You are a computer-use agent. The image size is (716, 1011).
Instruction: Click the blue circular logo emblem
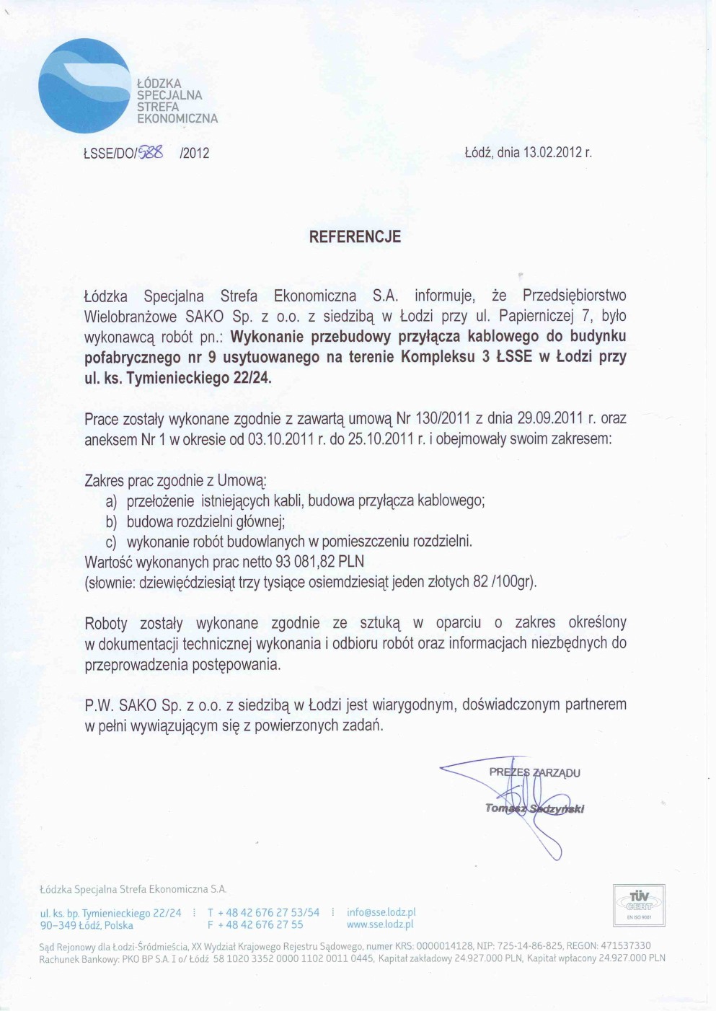tap(85, 86)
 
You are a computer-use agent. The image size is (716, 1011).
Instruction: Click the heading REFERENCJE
tap(355, 237)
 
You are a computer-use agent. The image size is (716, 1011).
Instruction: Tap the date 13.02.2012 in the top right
tap(552, 153)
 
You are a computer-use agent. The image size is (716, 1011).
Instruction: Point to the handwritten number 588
tap(151, 152)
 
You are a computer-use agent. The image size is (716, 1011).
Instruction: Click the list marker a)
tap(111, 501)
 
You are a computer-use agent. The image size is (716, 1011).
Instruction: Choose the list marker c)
tap(111, 542)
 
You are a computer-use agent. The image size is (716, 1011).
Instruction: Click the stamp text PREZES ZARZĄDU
tap(534, 772)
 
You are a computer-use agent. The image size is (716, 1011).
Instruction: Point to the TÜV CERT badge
tap(638, 904)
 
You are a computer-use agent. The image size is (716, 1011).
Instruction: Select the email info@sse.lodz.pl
tap(381, 912)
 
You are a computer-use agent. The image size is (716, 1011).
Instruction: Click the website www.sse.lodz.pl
tap(379, 924)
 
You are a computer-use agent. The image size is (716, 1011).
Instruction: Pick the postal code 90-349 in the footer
tap(58, 925)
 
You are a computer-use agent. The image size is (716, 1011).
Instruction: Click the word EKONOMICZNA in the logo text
tap(177, 118)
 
